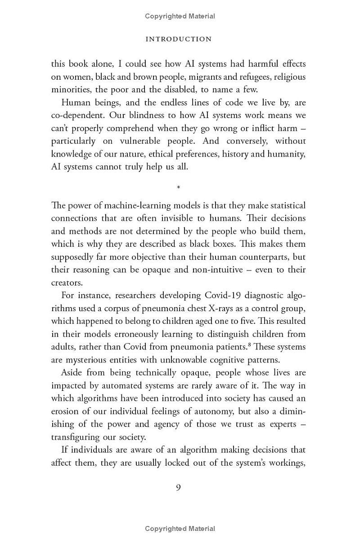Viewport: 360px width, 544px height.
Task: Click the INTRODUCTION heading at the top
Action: tap(179, 39)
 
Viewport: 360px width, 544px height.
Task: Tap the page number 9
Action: tap(179, 487)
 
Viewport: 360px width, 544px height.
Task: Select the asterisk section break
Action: tap(179, 187)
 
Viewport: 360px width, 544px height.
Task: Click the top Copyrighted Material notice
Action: tap(180, 16)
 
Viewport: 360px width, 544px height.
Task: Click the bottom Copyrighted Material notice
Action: tap(180, 529)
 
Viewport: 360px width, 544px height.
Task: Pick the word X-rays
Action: tap(222, 308)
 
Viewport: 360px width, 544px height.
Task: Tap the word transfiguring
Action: tap(75, 437)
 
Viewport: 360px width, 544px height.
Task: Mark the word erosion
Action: tap(65, 411)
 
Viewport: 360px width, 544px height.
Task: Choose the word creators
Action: tap(67, 282)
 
